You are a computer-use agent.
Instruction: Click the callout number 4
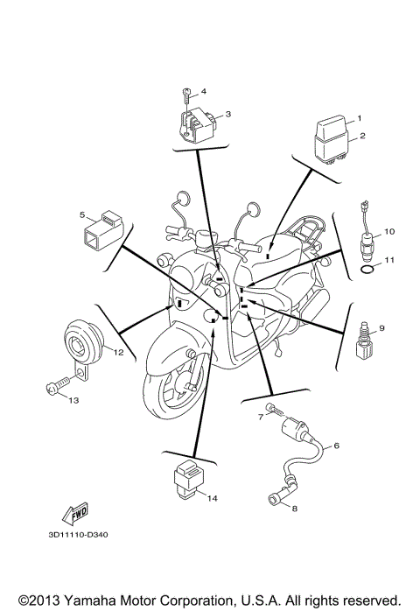click(x=203, y=91)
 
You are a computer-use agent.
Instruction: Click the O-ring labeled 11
click(x=369, y=273)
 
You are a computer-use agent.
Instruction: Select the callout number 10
click(x=389, y=232)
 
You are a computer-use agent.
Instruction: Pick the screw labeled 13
click(x=57, y=385)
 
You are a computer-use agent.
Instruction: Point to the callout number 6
click(x=336, y=446)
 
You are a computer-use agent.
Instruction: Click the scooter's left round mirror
click(x=185, y=199)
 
